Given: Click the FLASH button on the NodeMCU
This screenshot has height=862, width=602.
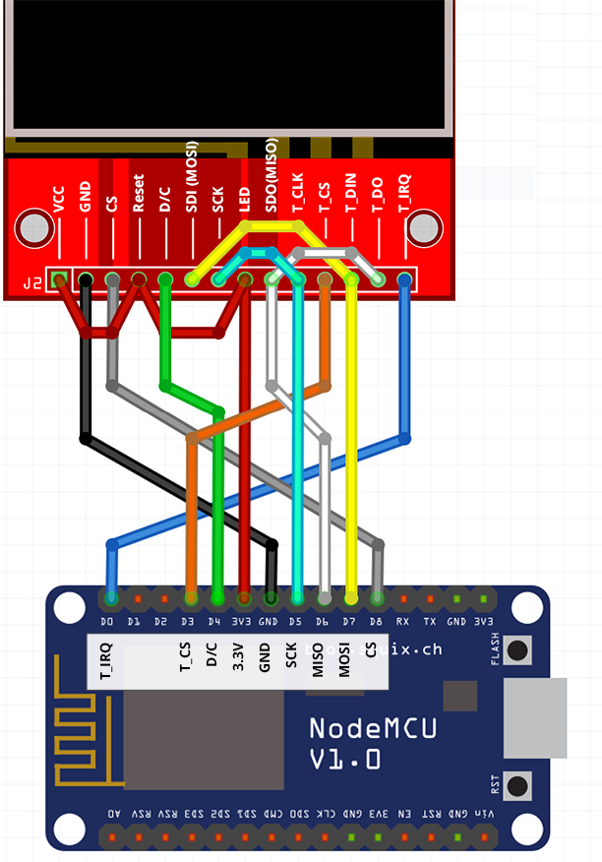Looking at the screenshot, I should (x=517, y=650).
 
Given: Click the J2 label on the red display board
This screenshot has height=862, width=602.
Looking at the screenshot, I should (x=33, y=284).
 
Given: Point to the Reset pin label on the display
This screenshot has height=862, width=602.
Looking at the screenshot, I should (x=139, y=196).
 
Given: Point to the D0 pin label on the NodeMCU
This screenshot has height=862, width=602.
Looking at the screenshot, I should (x=109, y=622).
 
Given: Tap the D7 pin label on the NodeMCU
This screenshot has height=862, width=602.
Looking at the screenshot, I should (x=350, y=622).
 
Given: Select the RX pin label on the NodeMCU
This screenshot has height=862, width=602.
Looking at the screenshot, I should (x=403, y=622).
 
